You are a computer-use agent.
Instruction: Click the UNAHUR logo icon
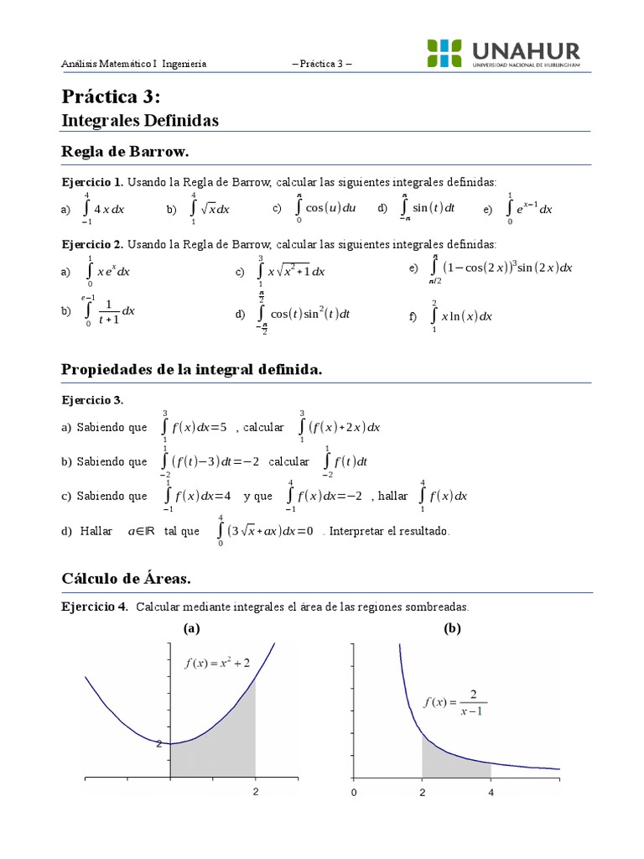coord(444,54)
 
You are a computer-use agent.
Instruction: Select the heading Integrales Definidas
coord(140,121)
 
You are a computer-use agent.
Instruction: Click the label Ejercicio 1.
coord(92,182)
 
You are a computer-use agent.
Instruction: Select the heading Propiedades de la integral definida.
coord(192,370)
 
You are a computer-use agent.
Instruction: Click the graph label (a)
coord(191,628)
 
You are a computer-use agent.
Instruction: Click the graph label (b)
coord(453,628)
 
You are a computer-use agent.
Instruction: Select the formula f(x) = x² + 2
coord(217,663)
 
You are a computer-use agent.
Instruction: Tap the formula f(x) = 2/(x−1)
coord(455,702)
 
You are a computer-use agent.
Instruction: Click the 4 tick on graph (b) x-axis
coord(491,792)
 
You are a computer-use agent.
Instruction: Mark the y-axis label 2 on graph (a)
coord(158,743)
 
